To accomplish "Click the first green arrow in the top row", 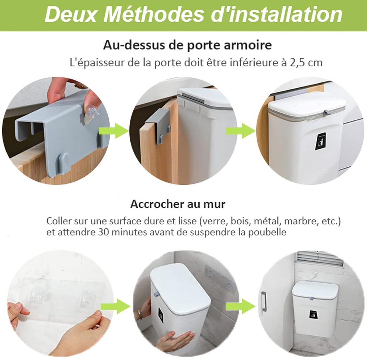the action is (114, 131).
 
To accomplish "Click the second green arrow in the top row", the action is (241, 131).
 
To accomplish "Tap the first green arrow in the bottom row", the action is (115, 306).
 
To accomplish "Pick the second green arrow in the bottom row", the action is (241, 306).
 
